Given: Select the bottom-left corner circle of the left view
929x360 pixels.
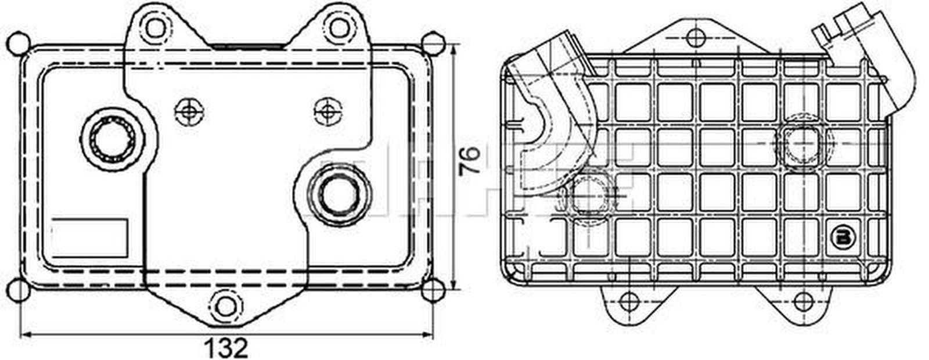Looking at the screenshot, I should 19,290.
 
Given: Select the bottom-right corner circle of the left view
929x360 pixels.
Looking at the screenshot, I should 433,290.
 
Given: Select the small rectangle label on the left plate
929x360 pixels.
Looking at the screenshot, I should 90,237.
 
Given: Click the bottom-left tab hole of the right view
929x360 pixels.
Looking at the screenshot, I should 628,301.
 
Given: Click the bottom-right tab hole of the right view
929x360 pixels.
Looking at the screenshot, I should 803,301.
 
